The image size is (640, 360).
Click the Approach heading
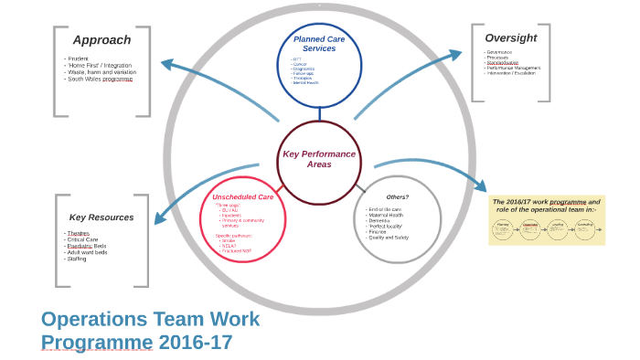click(x=101, y=40)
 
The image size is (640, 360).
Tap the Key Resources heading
click(x=101, y=217)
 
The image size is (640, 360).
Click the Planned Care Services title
click(x=319, y=44)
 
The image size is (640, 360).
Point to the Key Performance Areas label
click(x=318, y=159)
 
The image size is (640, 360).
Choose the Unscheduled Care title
click(x=242, y=197)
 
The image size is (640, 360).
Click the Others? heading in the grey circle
click(x=397, y=196)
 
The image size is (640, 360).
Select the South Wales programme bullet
click(x=100, y=79)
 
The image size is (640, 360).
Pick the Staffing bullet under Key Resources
click(x=77, y=259)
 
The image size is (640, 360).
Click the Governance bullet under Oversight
click(x=499, y=52)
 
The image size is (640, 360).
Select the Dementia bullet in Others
click(x=379, y=221)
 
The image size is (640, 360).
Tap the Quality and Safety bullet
click(x=389, y=238)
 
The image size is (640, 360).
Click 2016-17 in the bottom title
click(x=196, y=343)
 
